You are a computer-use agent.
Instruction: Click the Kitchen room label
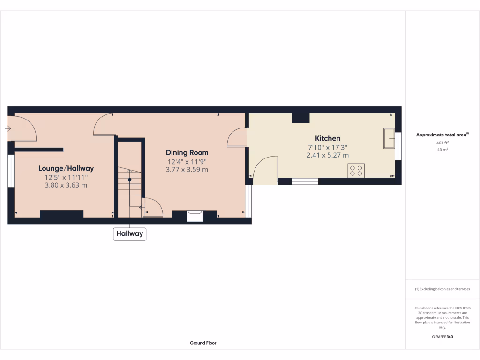[x=327, y=138]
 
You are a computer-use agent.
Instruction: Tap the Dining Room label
[x=187, y=152]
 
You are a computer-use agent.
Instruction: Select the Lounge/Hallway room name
[x=66, y=168]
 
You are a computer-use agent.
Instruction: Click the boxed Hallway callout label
[x=130, y=233]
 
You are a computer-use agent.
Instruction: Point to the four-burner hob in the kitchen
[x=356, y=171]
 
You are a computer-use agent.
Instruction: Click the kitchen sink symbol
[x=389, y=138]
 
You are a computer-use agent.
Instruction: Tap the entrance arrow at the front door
[x=8, y=128]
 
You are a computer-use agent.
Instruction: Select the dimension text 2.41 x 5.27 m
[x=327, y=155]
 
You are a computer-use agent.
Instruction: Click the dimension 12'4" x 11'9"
[x=187, y=162]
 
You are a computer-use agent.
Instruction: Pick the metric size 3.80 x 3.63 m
[x=66, y=185]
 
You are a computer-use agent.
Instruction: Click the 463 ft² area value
[x=442, y=142]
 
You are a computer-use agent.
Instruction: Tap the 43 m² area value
[x=442, y=150]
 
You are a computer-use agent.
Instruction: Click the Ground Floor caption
[x=203, y=343]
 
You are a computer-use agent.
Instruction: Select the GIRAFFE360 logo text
[x=442, y=337]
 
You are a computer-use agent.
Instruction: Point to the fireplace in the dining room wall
[x=195, y=216]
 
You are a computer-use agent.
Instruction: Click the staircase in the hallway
[x=130, y=187]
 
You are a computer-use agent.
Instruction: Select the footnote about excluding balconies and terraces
[x=442, y=289]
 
